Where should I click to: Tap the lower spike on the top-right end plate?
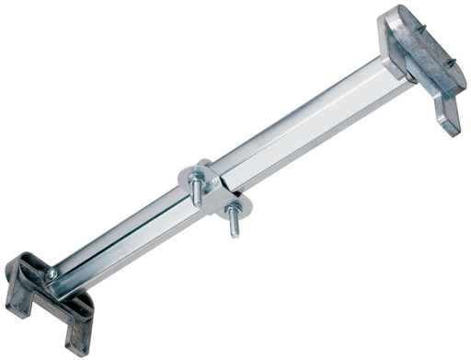pos(451,63)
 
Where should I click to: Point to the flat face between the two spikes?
pos(428,51)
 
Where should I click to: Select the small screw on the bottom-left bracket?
pos(52,273)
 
